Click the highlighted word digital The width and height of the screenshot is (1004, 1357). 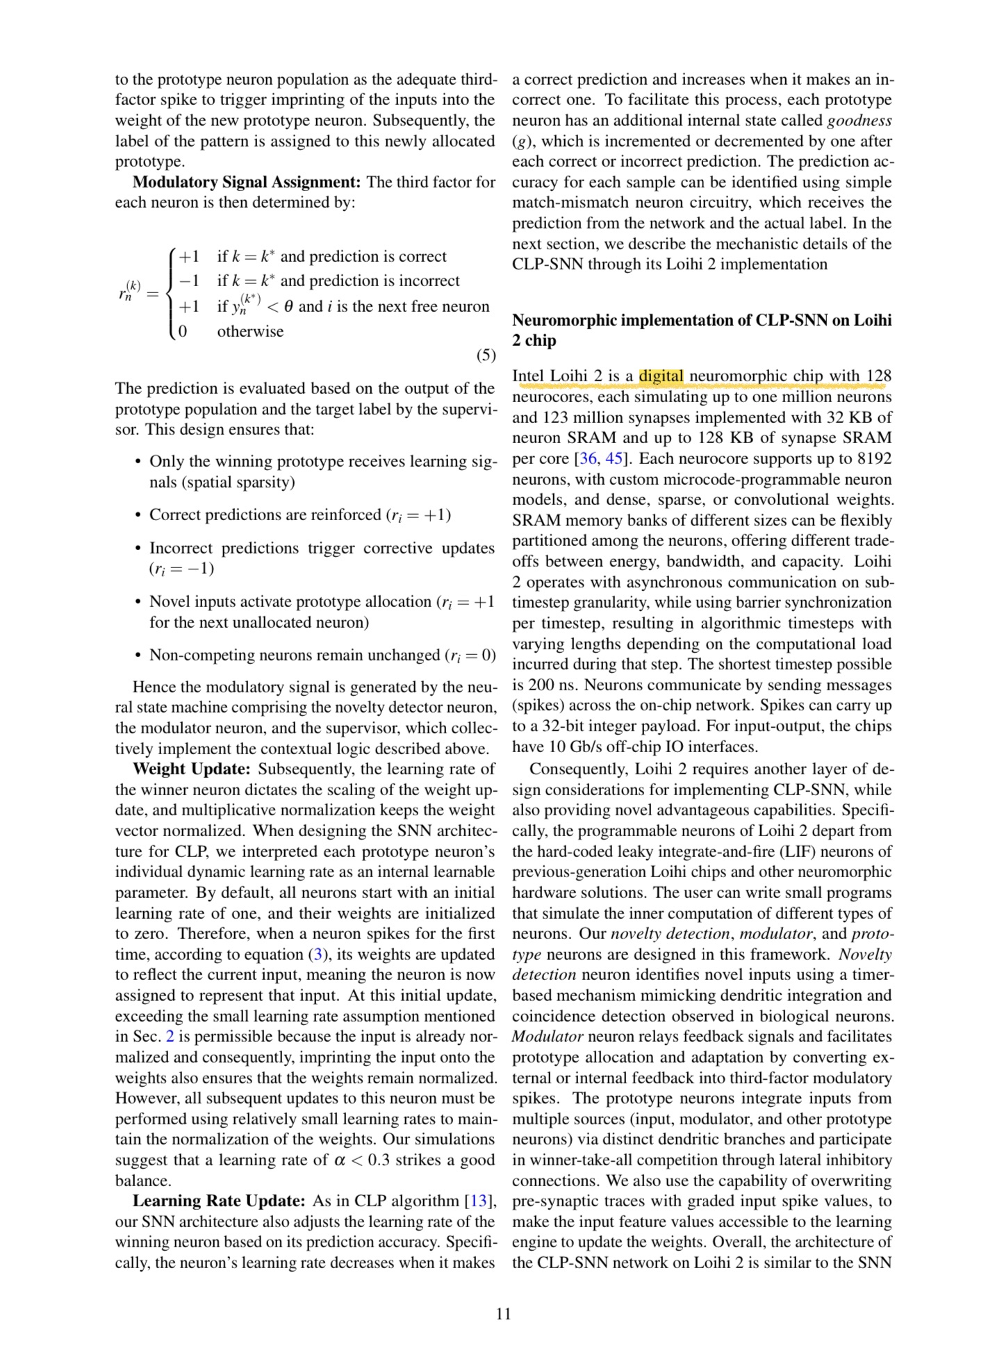coord(661,376)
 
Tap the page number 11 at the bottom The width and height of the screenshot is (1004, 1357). coord(503,1313)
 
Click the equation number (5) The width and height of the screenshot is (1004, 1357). coord(486,356)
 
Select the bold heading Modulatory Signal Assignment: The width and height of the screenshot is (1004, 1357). coord(246,182)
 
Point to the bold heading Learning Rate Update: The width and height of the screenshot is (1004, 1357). coord(219,1201)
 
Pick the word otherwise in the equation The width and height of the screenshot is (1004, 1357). coord(250,331)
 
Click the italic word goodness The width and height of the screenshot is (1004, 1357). coord(859,120)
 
